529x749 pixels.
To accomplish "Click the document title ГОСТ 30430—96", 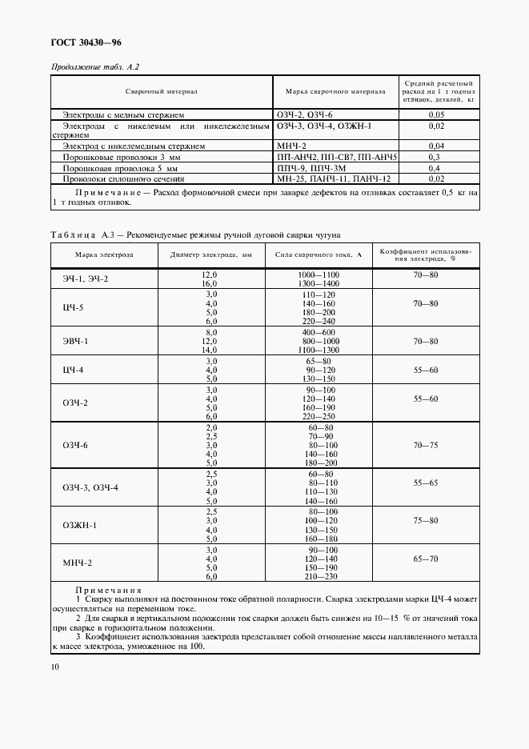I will [86, 42].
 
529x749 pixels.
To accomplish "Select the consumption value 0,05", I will [436, 116].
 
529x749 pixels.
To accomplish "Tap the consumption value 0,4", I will [436, 169].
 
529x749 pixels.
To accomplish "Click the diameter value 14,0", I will [211, 350].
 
